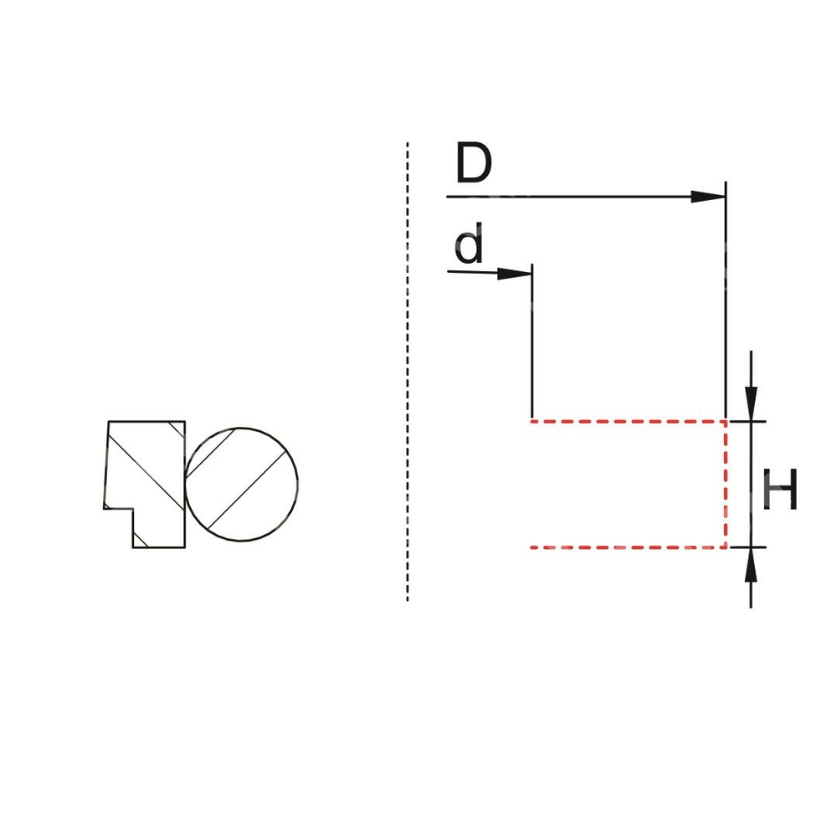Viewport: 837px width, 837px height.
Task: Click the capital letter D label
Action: tap(474, 164)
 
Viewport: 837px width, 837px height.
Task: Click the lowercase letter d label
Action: tap(470, 245)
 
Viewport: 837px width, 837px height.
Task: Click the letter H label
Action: tap(780, 490)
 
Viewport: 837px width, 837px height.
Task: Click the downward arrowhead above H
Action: tap(751, 403)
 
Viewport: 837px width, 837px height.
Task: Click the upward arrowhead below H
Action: tap(751, 564)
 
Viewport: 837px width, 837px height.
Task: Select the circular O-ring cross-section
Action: tap(241, 485)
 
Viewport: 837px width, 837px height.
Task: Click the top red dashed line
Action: tap(628, 420)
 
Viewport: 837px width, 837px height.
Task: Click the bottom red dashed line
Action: tap(628, 547)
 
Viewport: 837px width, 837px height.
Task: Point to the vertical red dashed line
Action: tap(726, 484)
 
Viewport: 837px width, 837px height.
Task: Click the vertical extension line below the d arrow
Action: tap(532, 343)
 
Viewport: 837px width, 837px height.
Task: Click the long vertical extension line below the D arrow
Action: tap(726, 301)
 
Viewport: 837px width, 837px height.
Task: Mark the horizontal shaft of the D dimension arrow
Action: tap(569, 197)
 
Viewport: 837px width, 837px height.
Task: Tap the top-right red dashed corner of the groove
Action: tap(726, 420)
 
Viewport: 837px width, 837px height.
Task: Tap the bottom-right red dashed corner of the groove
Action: tap(726, 547)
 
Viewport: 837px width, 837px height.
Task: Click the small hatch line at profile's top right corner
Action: tap(177, 429)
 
